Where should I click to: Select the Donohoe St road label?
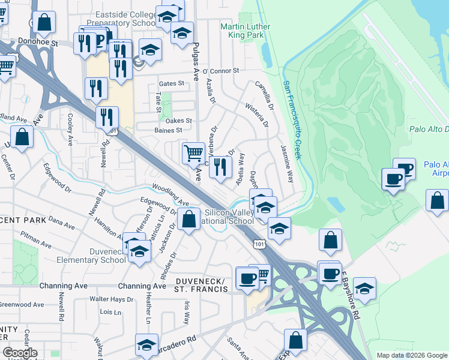coord(37,44)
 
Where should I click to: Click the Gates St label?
coord(170,85)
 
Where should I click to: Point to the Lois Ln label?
coord(110,312)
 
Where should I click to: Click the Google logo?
coord(20,353)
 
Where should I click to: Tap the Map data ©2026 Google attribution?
coord(412,355)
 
